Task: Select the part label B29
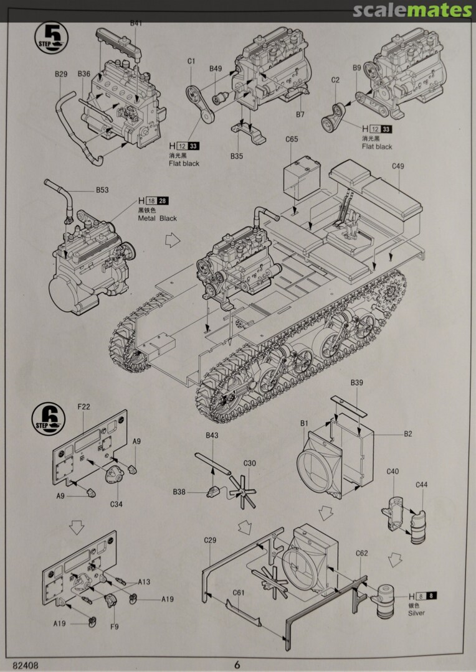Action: point(61,74)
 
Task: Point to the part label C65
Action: point(292,139)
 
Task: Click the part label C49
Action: point(398,166)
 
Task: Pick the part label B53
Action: point(102,190)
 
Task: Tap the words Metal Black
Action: point(158,218)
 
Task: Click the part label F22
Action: point(83,407)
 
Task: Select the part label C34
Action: point(116,504)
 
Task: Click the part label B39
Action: point(356,383)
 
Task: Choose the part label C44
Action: point(421,485)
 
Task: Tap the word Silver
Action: point(417,614)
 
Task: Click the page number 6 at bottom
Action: point(237,664)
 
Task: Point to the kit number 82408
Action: point(24,664)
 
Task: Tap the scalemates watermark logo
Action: point(412,10)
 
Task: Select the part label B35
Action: point(236,156)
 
